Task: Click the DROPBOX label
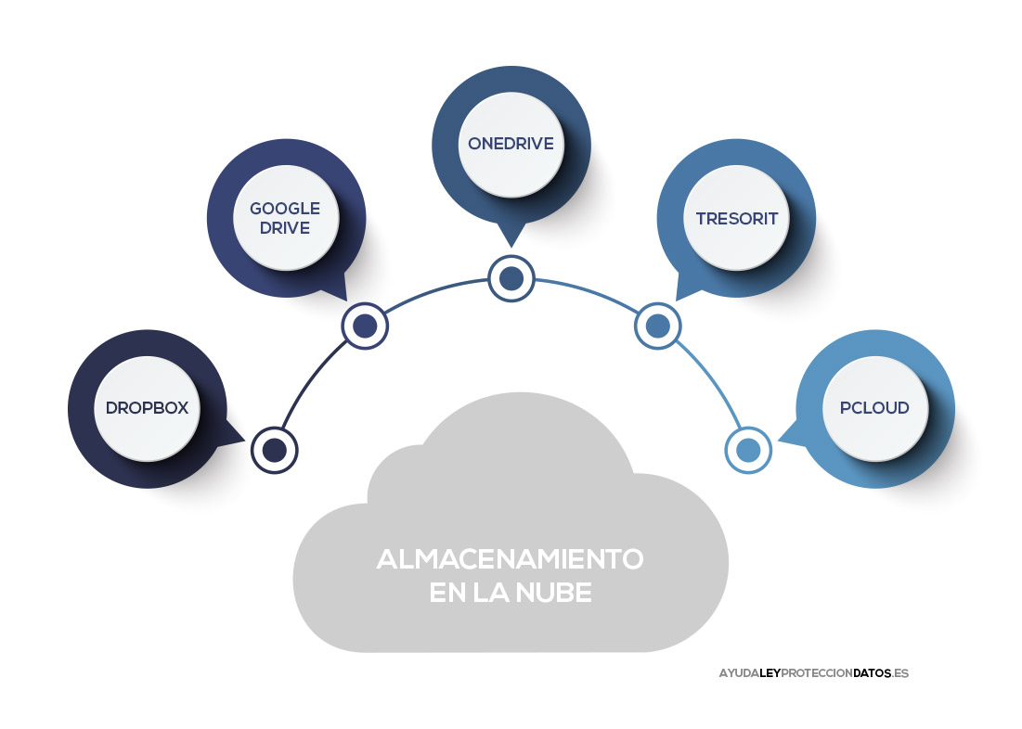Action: (x=148, y=408)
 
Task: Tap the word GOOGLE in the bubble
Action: (x=285, y=208)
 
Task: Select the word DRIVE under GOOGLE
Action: (x=285, y=227)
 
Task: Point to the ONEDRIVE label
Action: (x=511, y=144)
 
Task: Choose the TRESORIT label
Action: (x=736, y=219)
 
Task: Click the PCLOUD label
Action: (x=874, y=408)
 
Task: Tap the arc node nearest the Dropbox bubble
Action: (x=274, y=450)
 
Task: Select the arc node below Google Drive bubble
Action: (x=365, y=326)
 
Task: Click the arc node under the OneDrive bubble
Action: (x=511, y=277)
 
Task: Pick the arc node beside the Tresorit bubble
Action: (x=657, y=326)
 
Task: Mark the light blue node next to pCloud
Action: (x=748, y=450)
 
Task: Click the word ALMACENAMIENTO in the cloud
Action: (x=510, y=559)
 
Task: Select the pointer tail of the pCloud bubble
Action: (x=787, y=433)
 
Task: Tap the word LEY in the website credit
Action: (x=770, y=673)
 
